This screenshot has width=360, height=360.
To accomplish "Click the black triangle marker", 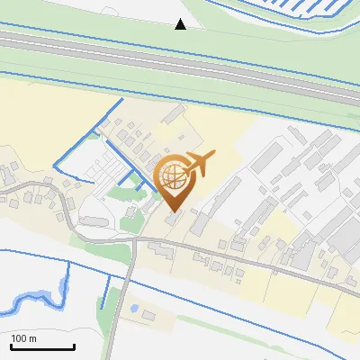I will pos(181,24).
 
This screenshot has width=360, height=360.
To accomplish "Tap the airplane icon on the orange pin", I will pos(197,163).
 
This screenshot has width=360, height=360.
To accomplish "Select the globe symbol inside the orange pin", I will pos(171,175).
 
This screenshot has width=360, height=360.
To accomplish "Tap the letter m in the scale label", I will pos(33,338).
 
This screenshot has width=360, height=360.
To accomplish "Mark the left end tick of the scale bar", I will pos(12,346).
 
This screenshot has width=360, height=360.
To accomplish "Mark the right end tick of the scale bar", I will pos(74,346).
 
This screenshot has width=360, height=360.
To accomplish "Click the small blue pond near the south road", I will pos(134,307).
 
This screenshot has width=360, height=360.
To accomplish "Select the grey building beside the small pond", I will pos(148,315).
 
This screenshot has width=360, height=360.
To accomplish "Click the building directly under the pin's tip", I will pos(172,219).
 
